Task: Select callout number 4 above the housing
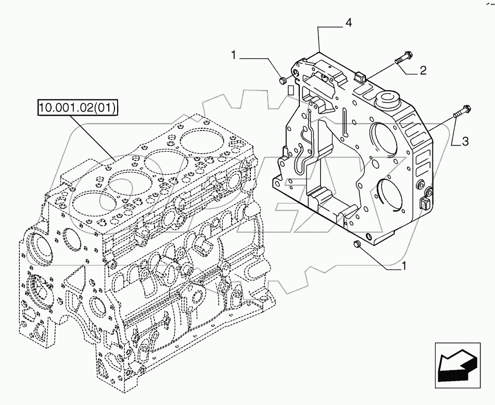(x=348, y=22)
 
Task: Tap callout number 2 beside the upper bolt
(x=423, y=71)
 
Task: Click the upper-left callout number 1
(x=235, y=54)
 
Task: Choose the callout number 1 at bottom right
(x=403, y=266)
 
